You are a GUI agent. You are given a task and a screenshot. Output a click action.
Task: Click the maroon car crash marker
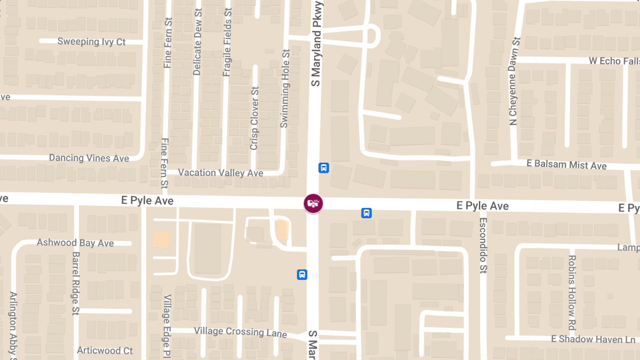314,203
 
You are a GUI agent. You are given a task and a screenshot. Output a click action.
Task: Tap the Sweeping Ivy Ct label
92,42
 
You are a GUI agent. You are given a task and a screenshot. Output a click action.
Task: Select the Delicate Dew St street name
197,42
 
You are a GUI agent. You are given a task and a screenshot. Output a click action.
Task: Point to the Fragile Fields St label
227,42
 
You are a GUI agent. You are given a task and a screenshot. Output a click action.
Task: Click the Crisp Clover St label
254,118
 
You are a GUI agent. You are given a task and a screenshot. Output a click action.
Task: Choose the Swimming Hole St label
285,89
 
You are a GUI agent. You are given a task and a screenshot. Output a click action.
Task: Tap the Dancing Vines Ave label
89,158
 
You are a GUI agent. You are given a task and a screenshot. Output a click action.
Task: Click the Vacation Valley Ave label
221,173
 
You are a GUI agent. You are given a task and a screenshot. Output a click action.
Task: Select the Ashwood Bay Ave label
75,243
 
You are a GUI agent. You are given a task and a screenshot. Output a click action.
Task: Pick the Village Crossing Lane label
241,332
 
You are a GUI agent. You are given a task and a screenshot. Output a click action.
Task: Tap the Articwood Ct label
105,350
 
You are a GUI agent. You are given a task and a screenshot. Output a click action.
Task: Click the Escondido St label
483,245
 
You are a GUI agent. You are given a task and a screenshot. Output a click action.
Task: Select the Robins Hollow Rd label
572,292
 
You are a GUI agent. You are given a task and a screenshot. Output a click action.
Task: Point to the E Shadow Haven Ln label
593,339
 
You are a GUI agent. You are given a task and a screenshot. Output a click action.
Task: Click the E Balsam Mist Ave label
566,164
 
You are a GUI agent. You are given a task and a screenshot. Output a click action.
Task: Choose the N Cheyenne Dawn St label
514,81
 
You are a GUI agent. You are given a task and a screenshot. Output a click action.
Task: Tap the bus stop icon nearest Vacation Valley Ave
324,168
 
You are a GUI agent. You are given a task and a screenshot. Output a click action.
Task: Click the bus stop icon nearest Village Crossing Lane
302,275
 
